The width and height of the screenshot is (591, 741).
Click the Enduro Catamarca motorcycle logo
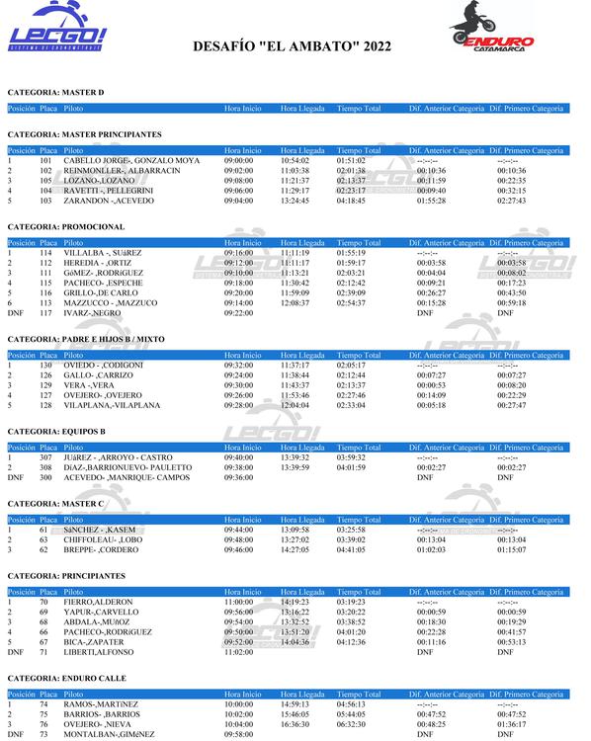click(x=492, y=32)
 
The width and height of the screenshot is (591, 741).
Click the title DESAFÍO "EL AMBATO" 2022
click(x=292, y=45)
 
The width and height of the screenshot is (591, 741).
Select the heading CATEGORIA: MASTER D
click(x=55, y=92)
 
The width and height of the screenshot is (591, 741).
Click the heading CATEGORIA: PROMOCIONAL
click(x=66, y=227)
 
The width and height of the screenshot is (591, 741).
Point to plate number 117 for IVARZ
click(x=45, y=312)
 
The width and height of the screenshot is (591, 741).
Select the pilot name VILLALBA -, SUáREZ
click(x=103, y=253)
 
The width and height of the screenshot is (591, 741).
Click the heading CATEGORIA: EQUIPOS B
click(x=56, y=432)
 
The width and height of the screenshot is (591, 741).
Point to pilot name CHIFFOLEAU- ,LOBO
click(x=104, y=540)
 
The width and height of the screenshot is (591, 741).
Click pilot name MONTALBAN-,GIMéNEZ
click(x=107, y=734)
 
